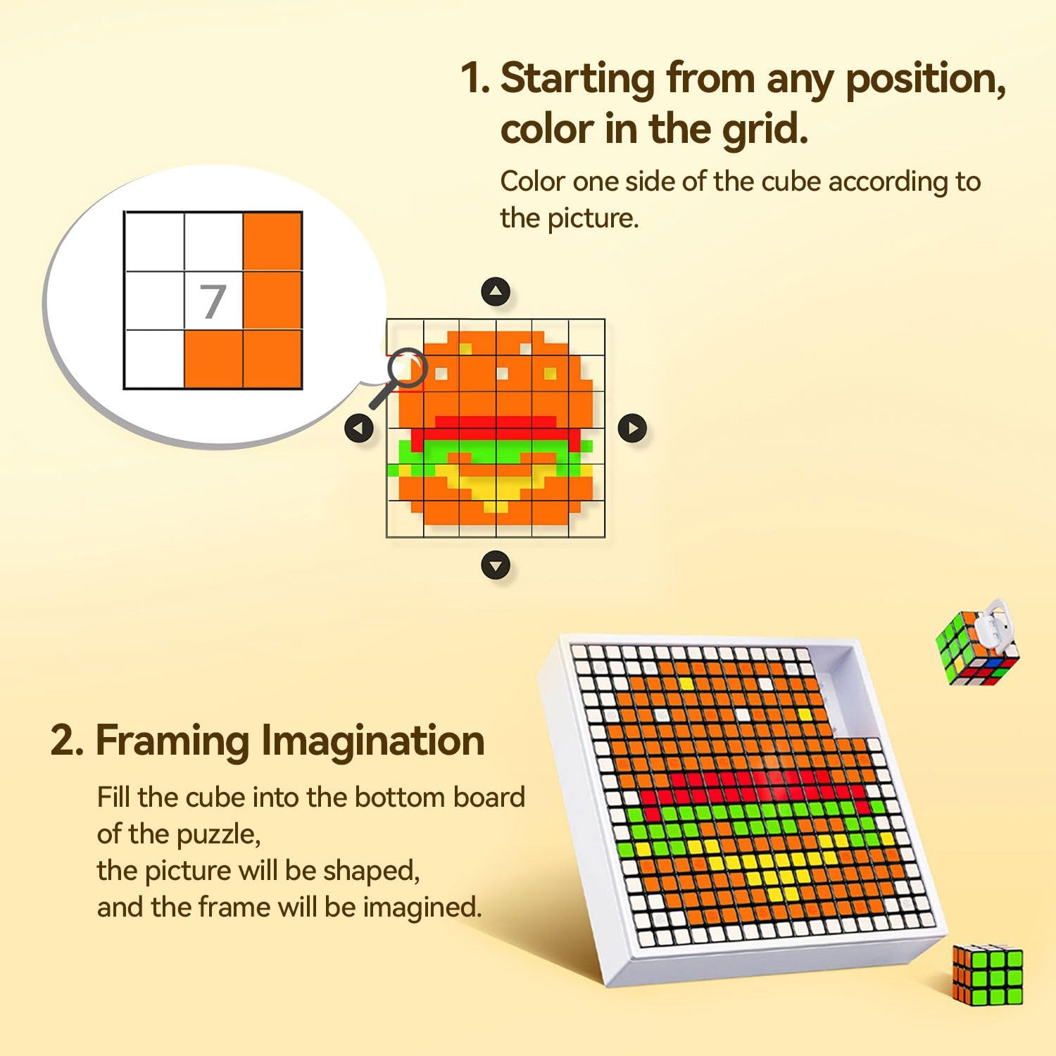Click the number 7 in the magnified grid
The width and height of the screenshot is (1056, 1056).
click(x=213, y=301)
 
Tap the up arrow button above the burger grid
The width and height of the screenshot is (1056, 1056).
click(x=496, y=291)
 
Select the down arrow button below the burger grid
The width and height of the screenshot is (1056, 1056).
click(x=496, y=565)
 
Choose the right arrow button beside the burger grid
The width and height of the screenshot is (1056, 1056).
click(x=632, y=428)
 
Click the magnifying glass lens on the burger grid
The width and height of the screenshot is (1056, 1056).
click(x=408, y=367)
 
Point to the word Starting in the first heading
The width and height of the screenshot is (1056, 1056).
click(x=577, y=78)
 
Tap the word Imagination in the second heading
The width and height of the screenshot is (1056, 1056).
click(x=372, y=741)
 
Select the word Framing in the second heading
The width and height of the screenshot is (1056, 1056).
click(x=172, y=741)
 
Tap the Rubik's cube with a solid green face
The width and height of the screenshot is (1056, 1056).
click(x=987, y=974)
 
